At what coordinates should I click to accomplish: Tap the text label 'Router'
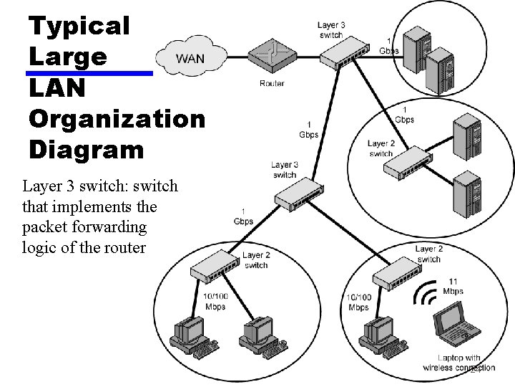point(272,83)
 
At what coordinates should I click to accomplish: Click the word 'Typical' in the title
point(79,26)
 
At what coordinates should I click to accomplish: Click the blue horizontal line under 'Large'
point(89,73)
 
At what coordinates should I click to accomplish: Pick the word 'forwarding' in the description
point(114,227)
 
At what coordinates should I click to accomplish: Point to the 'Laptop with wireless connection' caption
point(466,363)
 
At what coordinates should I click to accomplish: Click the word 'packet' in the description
point(43,227)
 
